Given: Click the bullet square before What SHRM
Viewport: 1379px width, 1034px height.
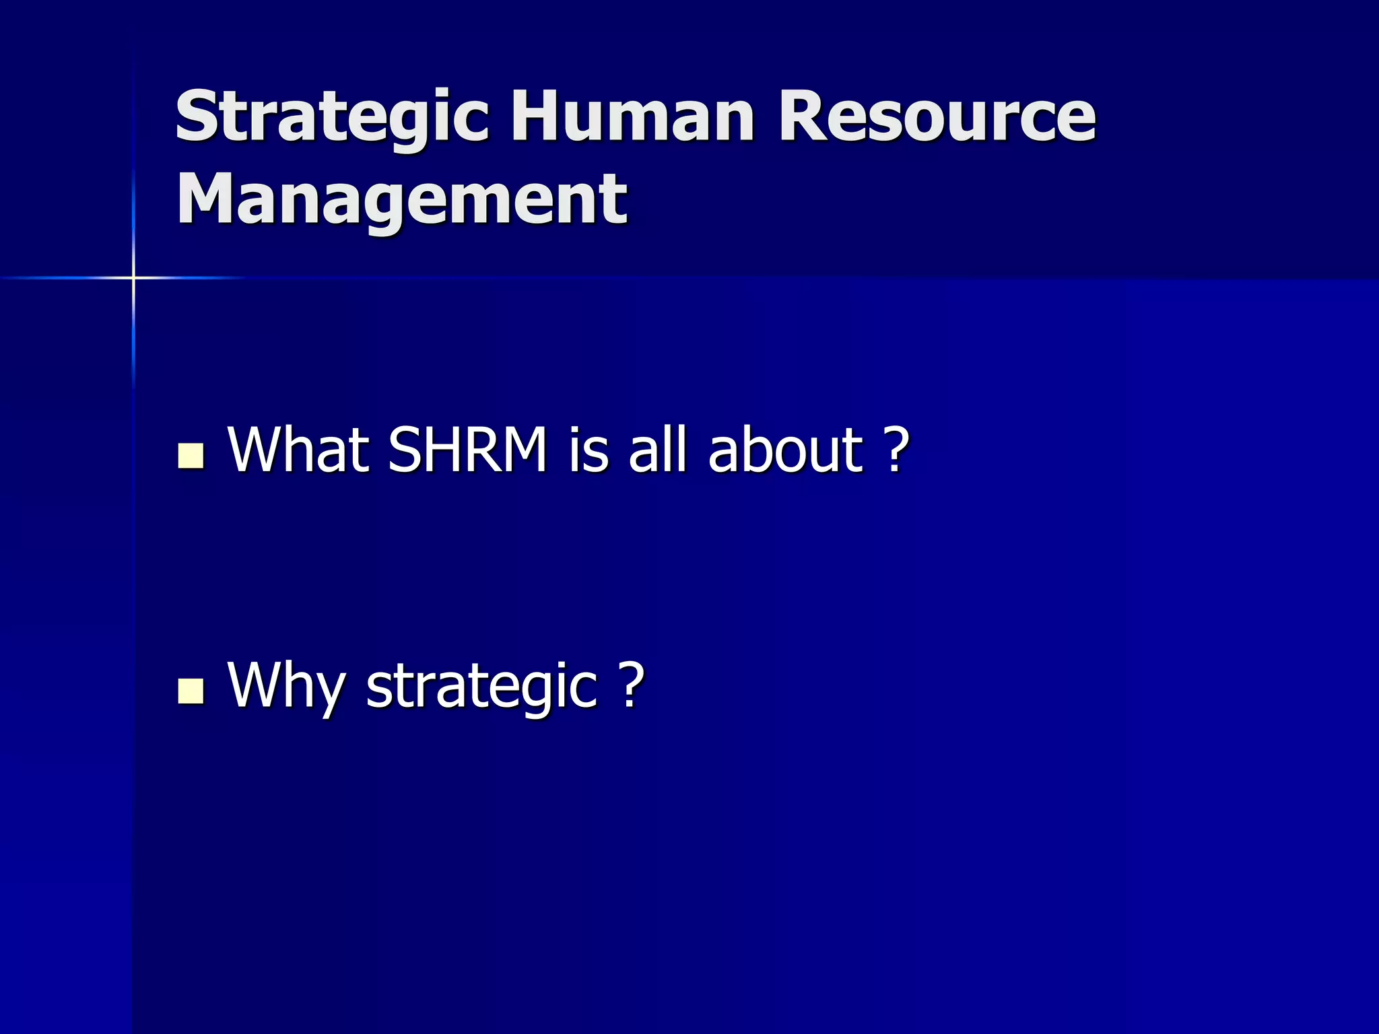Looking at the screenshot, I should [191, 456].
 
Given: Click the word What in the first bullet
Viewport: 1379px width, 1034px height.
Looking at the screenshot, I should [298, 449].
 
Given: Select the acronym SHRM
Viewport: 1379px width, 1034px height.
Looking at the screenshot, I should [468, 449].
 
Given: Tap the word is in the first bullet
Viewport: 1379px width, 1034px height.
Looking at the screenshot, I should [589, 449].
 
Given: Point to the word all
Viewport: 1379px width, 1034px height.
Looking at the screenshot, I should [657, 449].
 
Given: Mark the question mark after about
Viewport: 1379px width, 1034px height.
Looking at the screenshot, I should [895, 449].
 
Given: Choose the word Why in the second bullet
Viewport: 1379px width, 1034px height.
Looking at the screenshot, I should [286, 685].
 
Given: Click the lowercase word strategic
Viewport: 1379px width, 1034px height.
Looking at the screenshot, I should [481, 685].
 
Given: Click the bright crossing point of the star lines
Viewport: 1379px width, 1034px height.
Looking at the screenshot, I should [133, 277].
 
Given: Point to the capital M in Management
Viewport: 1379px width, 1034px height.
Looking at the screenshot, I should [205, 199].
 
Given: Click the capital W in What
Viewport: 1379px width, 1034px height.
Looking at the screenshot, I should [259, 449].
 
